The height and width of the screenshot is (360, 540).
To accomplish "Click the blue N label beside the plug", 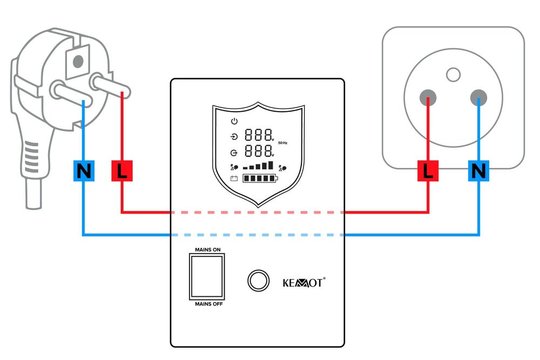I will point(83,172).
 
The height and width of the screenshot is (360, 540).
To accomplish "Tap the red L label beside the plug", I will point(122,172).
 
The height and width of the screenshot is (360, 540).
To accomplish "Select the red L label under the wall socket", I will point(428,172).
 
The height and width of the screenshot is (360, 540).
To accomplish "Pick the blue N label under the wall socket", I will point(478,172).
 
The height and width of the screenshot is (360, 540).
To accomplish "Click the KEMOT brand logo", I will point(304,282).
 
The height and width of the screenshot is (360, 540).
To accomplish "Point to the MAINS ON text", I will point(206,250).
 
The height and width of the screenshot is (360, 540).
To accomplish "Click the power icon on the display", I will point(234,121).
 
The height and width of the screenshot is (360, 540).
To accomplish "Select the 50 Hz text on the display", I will point(283,143).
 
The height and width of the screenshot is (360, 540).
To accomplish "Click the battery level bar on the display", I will point(260,179).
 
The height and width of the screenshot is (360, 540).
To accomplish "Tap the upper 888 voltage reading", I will point(258,136).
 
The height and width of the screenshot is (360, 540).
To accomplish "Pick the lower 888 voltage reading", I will point(258,151).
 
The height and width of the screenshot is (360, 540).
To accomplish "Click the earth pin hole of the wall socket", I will point(454,74).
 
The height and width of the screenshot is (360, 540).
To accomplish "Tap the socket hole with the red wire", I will point(428,98).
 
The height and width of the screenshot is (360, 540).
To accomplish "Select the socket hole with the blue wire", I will point(478,98).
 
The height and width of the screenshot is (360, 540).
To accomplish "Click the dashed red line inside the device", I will point(258,213).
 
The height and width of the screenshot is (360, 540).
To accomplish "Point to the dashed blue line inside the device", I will point(258,235).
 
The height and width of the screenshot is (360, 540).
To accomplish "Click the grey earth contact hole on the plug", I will point(79,59).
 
